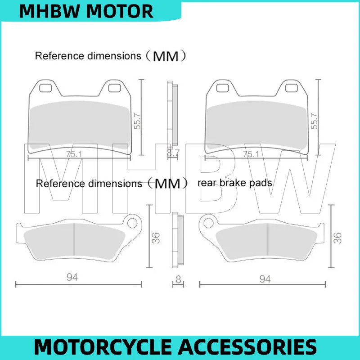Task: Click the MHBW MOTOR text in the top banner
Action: (86, 11)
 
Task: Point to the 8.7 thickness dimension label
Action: (173, 153)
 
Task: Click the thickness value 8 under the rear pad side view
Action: (178, 279)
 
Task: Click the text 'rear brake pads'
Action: (235, 183)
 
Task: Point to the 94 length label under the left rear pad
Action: (72, 277)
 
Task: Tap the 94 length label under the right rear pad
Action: (265, 279)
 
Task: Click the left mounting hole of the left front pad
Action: (45, 88)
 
